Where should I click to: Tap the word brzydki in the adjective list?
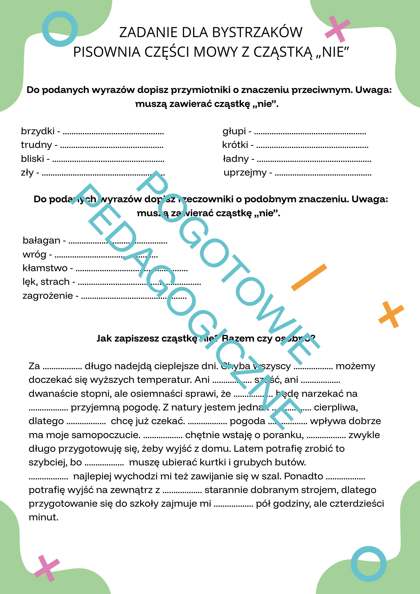coord(37,131)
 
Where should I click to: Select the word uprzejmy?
coord(245,173)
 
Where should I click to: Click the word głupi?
coord(234,131)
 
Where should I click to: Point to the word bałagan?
coord(41,240)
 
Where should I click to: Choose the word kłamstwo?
coord(45,268)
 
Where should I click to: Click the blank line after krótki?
coord(312,147)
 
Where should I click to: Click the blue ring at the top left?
coord(60,29)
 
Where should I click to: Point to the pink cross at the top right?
coord(337,29)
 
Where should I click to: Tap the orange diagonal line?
coord(309,277)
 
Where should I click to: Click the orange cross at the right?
coord(391,315)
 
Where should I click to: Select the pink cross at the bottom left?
coord(47,568)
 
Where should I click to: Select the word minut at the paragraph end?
coord(43,518)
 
